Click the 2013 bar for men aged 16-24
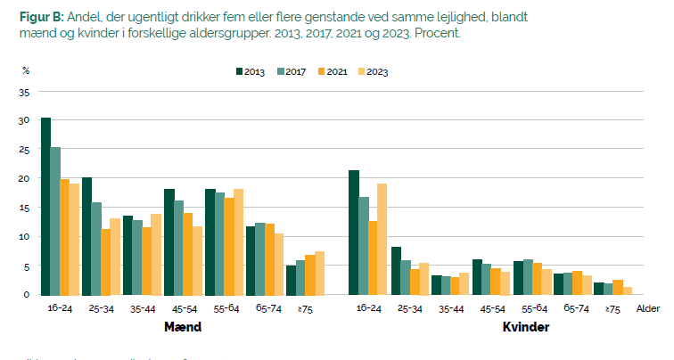point(45,206)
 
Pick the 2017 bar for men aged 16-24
point(55,221)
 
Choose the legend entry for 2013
point(252,71)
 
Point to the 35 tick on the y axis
point(24,92)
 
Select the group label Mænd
point(182,327)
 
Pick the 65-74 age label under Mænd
point(267,308)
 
